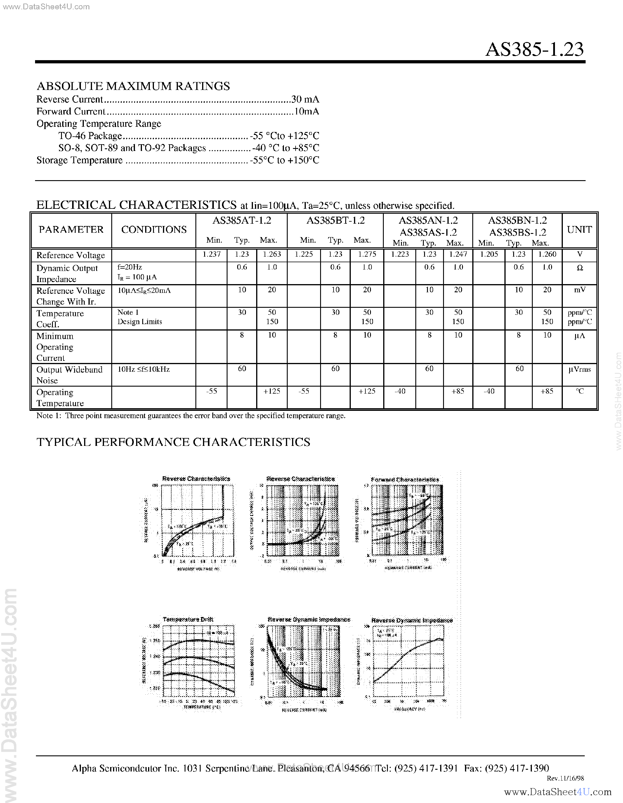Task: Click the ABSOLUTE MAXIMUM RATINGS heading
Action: tap(133, 86)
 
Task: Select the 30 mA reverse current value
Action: tap(305, 99)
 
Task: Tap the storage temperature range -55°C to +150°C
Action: tap(284, 160)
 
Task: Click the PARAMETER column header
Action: tap(71, 230)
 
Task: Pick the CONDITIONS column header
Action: tap(154, 230)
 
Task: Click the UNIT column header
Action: tap(579, 230)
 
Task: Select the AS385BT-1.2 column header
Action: tap(335, 220)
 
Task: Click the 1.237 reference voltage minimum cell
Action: tap(211, 254)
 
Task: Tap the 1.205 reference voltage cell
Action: tap(489, 254)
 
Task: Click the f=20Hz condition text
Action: tap(129, 267)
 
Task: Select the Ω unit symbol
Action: tap(579, 268)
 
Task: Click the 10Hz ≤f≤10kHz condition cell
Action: tap(143, 369)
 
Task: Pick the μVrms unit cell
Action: tap(579, 369)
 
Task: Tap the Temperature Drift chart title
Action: tap(188, 620)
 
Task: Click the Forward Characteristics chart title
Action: tap(405, 479)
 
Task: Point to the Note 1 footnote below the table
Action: tap(190, 416)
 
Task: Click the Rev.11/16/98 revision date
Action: tap(565, 778)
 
